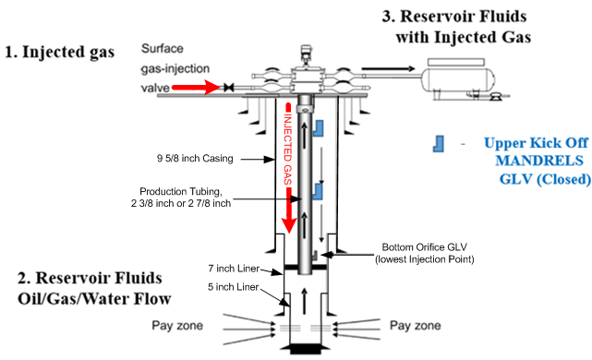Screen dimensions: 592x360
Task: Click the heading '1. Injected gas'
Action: coord(60,52)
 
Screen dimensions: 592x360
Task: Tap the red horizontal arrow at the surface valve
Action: coord(196,88)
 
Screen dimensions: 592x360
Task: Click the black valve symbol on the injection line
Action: coord(228,88)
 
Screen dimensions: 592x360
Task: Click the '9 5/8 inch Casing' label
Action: coord(195,159)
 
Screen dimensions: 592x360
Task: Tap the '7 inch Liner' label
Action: coord(234,269)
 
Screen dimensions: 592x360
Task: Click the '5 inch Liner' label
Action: coord(233,287)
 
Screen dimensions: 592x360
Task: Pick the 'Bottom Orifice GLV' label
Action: coord(424,247)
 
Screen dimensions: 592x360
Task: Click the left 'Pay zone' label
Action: coord(177,325)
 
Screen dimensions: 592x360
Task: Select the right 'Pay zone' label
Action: coord(415,325)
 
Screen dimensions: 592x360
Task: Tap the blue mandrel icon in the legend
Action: coord(438,144)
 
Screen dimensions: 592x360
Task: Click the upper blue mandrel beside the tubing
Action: coord(319,128)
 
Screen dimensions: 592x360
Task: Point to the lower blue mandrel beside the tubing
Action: coord(318,191)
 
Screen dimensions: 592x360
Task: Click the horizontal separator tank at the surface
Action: coord(457,79)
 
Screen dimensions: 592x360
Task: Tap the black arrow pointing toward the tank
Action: coord(388,68)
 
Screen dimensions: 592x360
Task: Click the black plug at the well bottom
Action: coord(306,349)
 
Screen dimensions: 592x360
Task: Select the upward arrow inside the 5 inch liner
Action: coord(305,301)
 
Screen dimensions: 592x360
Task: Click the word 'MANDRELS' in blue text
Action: coord(539,161)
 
